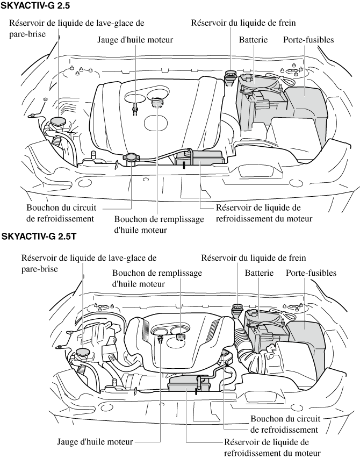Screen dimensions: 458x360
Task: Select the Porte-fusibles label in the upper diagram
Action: click(x=308, y=40)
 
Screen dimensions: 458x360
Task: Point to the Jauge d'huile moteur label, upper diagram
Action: click(x=135, y=40)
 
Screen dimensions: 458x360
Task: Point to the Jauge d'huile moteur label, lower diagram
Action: click(x=95, y=442)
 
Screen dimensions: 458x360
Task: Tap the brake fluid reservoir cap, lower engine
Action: click(x=237, y=309)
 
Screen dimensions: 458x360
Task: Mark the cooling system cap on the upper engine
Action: click(x=131, y=158)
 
